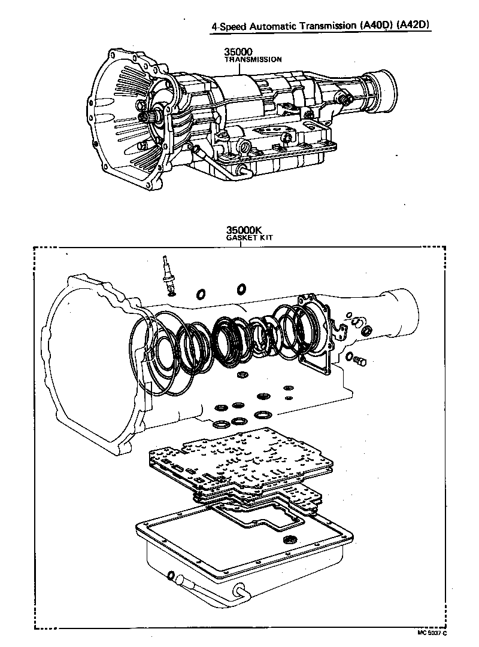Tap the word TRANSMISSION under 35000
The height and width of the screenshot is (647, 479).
tap(253, 60)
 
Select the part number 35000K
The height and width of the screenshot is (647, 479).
tap(242, 230)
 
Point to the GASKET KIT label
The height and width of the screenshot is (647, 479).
tap(248, 237)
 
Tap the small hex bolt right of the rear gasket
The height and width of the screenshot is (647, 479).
tap(360, 361)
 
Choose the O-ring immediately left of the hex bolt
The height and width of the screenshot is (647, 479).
tap(348, 357)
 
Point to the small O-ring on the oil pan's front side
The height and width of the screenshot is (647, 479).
tap(171, 576)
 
